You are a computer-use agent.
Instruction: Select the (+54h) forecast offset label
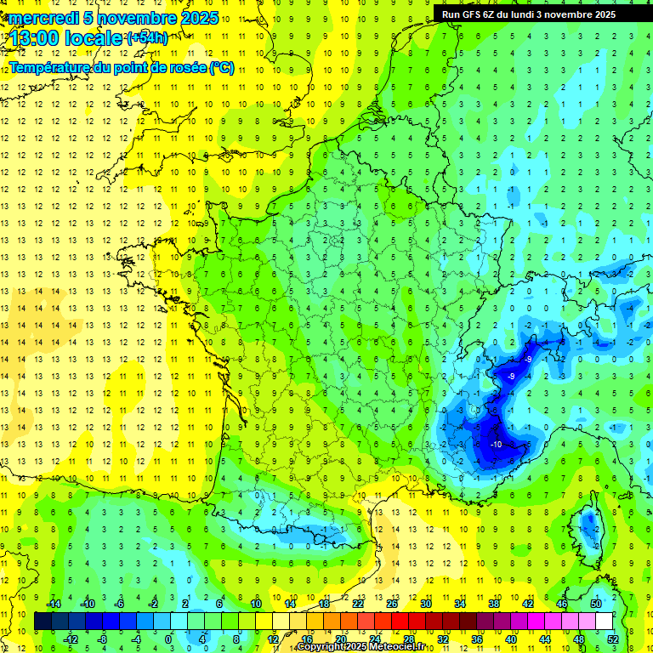(x=147, y=37)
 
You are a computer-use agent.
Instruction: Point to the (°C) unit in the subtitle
(x=221, y=67)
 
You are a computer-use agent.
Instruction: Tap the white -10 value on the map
(x=497, y=443)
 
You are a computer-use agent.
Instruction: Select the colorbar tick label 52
(x=613, y=639)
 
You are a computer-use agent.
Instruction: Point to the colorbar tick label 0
(x=168, y=639)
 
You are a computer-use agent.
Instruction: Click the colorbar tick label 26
(x=392, y=604)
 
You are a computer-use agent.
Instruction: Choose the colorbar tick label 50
(x=596, y=604)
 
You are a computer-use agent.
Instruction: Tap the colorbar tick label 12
(x=273, y=639)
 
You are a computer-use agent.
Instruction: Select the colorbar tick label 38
(x=494, y=604)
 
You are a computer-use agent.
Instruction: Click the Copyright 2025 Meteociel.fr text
(x=361, y=647)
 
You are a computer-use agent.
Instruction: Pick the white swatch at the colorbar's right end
(x=604, y=622)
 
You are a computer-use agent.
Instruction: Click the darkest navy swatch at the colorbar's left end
(x=43, y=622)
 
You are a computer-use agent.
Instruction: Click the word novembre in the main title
(x=137, y=18)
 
